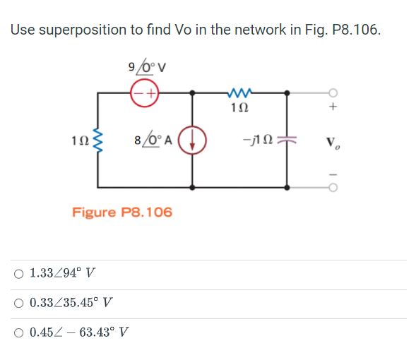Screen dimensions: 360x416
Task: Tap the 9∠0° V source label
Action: click(147, 68)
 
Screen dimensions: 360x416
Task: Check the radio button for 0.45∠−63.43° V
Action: click(19, 332)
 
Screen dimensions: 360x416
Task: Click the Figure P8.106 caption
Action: click(121, 212)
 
